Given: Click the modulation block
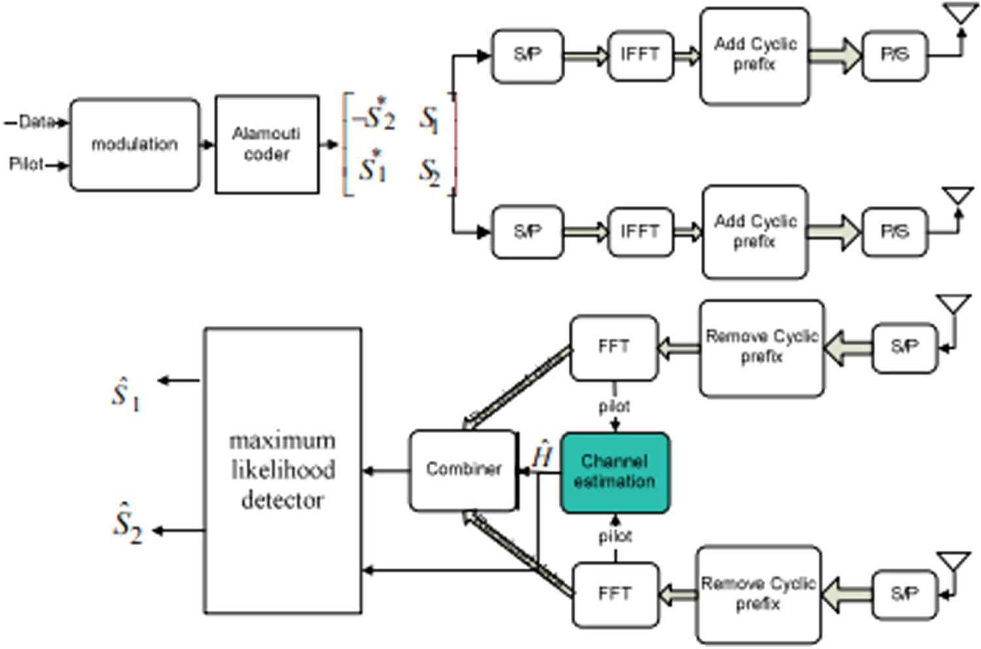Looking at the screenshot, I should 134,145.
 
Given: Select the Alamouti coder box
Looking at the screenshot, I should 267,145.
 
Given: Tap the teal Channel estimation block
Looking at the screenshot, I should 614,472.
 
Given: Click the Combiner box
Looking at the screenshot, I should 463,470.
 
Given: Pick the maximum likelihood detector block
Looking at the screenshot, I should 283,470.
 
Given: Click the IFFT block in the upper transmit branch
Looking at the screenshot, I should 640,55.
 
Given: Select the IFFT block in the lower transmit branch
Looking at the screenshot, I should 640,232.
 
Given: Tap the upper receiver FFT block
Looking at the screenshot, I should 613,347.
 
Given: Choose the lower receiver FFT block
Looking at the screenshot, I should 615,594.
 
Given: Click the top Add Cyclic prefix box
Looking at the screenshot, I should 755,55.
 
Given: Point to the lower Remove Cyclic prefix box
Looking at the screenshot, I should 758,594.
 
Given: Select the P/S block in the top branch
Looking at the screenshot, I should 895,55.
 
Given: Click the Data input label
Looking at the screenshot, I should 35,122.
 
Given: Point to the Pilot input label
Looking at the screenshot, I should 26,164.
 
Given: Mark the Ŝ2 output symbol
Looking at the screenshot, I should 127,523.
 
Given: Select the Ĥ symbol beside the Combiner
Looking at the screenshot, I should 542,456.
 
